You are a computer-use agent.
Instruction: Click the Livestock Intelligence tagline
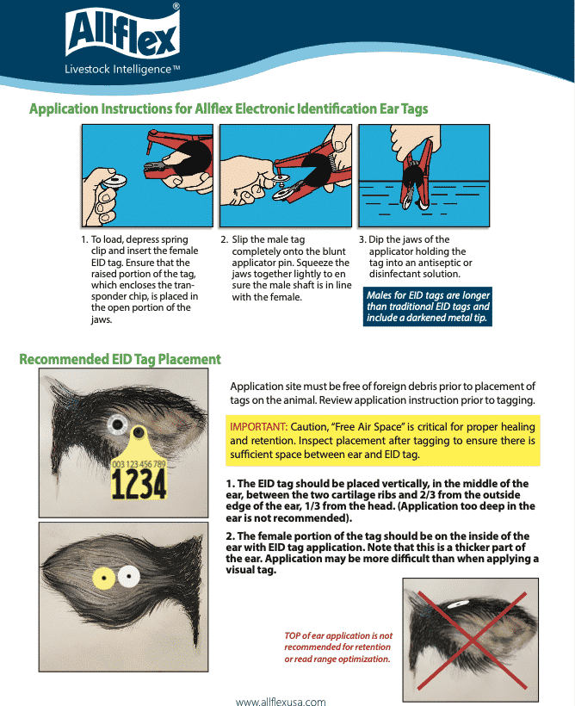point(121,69)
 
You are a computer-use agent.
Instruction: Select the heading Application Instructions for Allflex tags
point(228,109)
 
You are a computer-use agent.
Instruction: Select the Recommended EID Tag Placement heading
point(120,359)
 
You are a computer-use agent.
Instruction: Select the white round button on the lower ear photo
point(129,575)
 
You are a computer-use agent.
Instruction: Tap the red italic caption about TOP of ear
point(337,647)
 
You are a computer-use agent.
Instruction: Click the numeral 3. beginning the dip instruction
point(362,240)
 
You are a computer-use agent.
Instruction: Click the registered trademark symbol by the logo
point(176,6)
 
